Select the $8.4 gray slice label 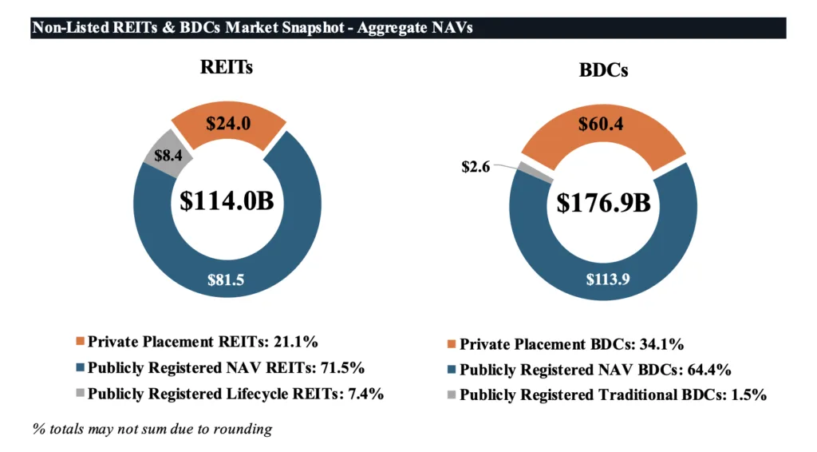164,156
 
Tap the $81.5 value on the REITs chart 226,280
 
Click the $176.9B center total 602,202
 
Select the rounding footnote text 152,429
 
